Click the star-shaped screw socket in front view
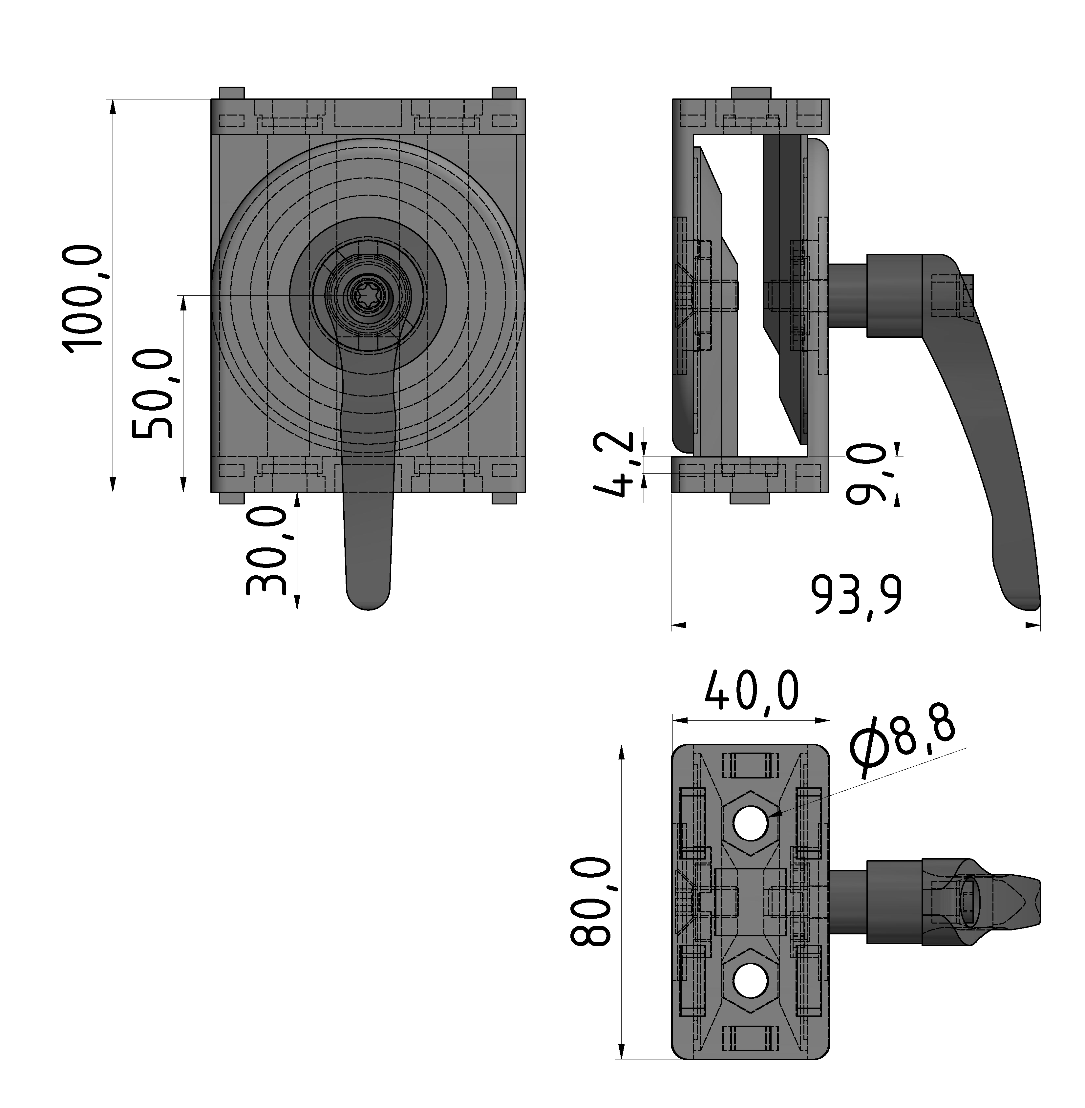pyautogui.click(x=368, y=296)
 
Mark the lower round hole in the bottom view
pyautogui.click(x=751, y=981)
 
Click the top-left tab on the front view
pyautogui.click(x=231, y=93)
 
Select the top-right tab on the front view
pyautogui.click(x=504, y=93)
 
